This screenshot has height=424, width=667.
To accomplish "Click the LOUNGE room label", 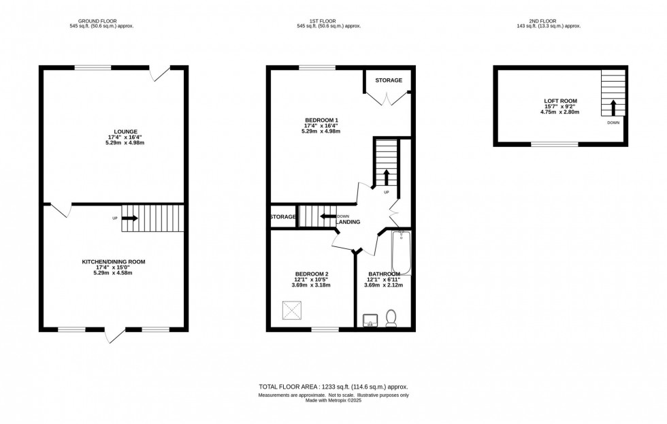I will point(114,132).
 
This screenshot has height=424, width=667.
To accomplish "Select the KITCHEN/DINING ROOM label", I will point(114,262).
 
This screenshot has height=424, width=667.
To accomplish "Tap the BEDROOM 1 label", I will point(321,120).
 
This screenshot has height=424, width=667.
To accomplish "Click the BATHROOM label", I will point(383,274).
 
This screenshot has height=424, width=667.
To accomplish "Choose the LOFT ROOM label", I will point(560,101).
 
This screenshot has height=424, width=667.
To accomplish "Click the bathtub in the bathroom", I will point(401,252).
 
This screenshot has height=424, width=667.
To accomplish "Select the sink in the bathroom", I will point(370,320).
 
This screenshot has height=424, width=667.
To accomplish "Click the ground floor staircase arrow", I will point(130,218).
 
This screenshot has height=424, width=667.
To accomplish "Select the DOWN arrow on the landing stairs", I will point(329,217).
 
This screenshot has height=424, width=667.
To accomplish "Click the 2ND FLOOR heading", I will point(560,20).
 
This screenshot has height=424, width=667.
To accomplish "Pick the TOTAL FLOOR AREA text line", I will point(333,387).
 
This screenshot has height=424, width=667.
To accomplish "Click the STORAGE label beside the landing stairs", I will point(282,217).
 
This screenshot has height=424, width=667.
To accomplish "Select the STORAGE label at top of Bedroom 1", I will point(389,80).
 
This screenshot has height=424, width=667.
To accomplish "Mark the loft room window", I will point(555,144).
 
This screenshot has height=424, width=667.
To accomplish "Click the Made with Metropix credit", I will point(333,400).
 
